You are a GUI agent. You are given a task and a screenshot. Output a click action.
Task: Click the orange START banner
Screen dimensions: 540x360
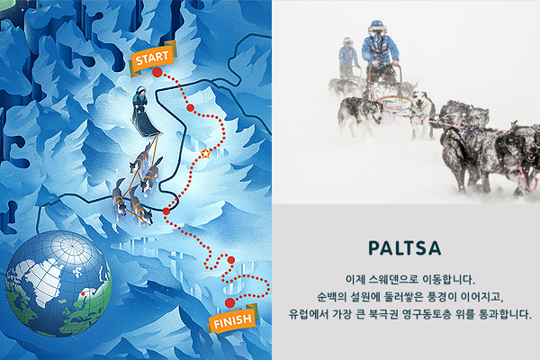(153, 58)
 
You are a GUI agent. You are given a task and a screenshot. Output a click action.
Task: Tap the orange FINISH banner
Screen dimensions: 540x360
(233, 319)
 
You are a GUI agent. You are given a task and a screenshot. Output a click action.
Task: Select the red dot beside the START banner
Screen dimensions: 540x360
(157, 72)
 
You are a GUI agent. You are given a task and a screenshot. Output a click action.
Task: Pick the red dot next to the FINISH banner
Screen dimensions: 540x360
(229, 302)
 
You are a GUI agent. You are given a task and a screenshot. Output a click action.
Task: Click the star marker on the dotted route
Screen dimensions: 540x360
(205, 153)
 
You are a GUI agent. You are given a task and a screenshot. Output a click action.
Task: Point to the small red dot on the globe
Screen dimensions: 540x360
(83, 294)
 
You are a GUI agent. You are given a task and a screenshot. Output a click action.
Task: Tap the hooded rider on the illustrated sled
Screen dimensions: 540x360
(139, 100)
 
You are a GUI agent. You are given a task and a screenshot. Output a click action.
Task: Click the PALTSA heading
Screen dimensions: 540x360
(405, 248)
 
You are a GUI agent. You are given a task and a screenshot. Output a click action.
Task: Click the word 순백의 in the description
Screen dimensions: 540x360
(331, 297)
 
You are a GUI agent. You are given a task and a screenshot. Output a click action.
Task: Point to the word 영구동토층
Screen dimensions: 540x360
(425, 314)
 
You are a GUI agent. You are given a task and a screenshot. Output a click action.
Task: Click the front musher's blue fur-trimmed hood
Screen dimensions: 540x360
(376, 28)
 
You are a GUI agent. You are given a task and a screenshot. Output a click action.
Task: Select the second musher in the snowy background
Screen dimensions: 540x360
(348, 57)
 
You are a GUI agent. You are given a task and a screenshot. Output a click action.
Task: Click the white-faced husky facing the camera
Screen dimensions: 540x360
(422, 112)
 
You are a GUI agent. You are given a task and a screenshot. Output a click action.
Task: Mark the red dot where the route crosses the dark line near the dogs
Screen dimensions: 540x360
(166, 211)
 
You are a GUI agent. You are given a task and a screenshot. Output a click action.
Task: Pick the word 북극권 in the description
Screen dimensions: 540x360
(383, 314)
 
